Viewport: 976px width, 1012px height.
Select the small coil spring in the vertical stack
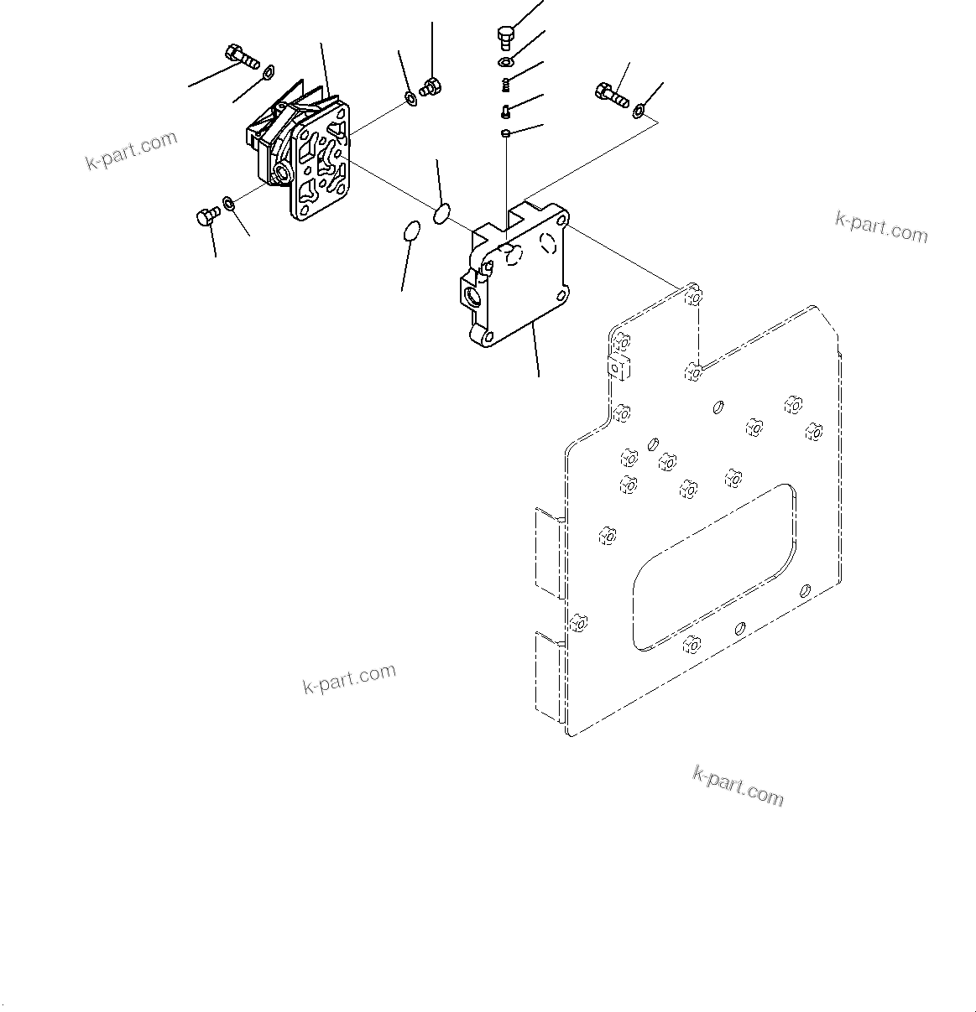coord(506,84)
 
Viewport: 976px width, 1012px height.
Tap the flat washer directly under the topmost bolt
coord(506,63)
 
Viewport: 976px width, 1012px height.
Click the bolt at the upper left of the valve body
coord(240,56)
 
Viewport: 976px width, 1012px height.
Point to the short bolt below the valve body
coord(206,217)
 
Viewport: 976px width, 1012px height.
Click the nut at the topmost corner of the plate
coord(692,297)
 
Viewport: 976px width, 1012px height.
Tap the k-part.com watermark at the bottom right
coord(738,785)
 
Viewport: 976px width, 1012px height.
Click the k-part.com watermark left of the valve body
coord(132,150)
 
